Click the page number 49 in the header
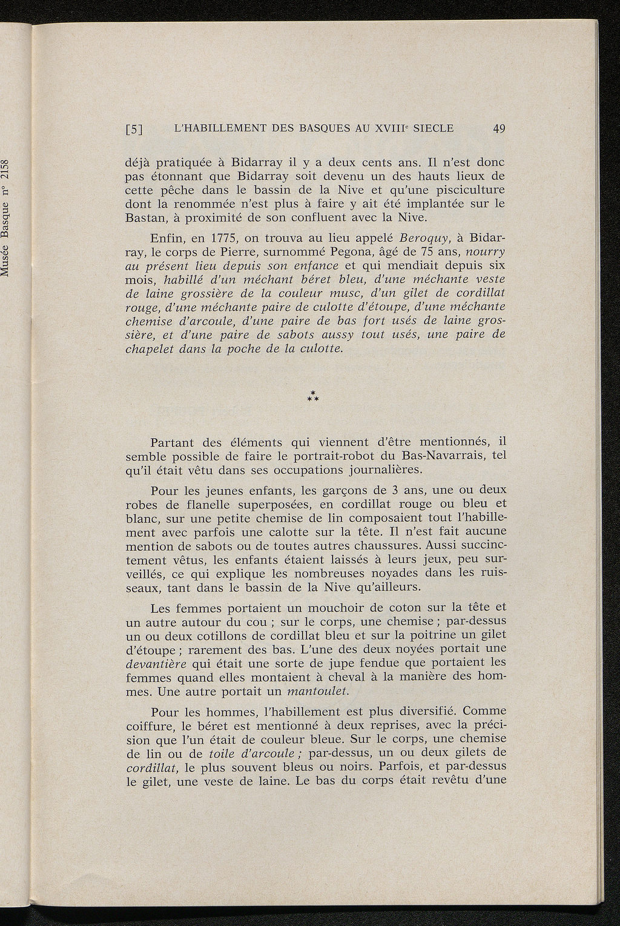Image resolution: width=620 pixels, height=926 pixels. coord(499,128)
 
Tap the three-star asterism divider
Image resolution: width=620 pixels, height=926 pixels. coord(313,398)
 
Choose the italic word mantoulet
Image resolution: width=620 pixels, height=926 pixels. coord(318,691)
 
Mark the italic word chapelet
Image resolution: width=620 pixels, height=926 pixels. coord(150,349)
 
